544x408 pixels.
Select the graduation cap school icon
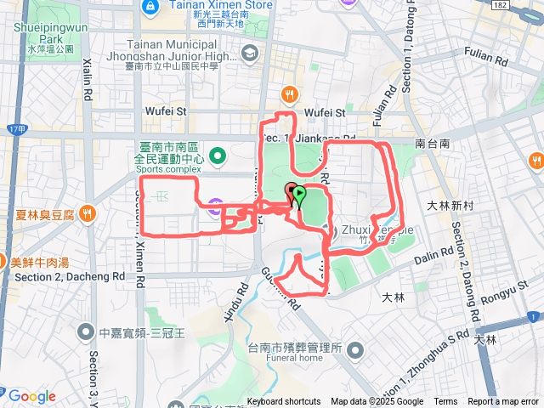tap(249, 55)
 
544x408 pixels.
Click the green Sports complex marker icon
tap(218, 156)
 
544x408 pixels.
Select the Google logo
tap(31, 396)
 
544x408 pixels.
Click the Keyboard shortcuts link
tap(284, 402)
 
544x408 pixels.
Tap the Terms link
tap(445, 402)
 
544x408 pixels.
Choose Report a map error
tap(503, 402)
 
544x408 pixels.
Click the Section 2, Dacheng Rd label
tap(70, 277)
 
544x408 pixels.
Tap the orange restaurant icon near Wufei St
tap(290, 95)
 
